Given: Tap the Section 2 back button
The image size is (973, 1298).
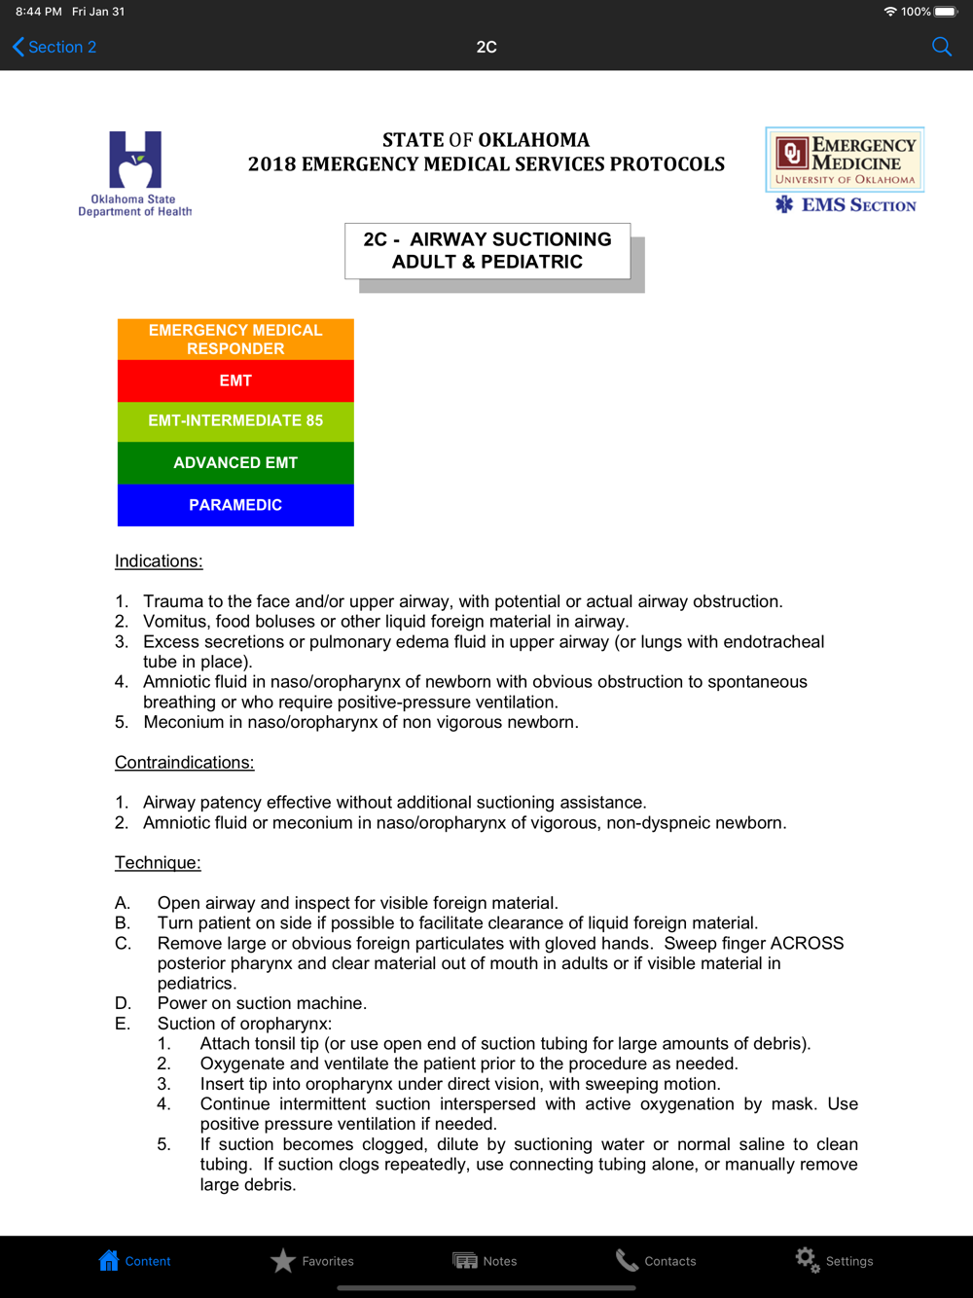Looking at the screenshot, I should [x=54, y=47].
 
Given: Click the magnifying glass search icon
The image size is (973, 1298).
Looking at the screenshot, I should [x=941, y=47].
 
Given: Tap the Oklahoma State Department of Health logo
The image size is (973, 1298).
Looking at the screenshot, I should [x=134, y=173].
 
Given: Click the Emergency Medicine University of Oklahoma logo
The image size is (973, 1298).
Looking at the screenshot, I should [x=845, y=161].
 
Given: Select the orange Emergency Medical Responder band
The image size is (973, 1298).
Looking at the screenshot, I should [x=235, y=340].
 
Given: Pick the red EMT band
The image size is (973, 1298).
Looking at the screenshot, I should [x=235, y=380].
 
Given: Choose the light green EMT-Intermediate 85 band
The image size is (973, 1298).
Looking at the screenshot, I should [x=235, y=421].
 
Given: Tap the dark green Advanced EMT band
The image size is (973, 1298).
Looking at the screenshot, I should [x=235, y=463].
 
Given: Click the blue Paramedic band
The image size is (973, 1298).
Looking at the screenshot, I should [x=235, y=505].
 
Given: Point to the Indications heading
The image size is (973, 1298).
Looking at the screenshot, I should [x=159, y=561].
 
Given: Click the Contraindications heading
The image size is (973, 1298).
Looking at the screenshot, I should [x=184, y=763].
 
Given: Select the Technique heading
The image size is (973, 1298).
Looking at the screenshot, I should [x=158, y=863].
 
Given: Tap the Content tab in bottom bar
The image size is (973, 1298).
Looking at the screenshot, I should [x=134, y=1261].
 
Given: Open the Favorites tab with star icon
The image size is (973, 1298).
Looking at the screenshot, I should [x=312, y=1261].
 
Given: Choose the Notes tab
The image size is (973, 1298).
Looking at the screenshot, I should [x=485, y=1261].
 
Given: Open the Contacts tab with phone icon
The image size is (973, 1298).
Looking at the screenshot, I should [x=656, y=1261].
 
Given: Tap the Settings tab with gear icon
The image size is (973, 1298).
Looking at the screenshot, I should [x=834, y=1261].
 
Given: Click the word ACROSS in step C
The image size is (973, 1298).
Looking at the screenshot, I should [x=807, y=944].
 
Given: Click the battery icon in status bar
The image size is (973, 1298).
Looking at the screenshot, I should [x=946, y=12].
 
